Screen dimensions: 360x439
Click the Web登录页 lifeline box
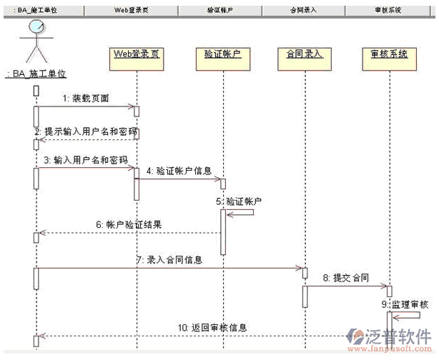click(136, 54)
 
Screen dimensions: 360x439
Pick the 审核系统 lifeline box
click(389, 54)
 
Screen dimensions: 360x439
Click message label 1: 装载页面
click(86, 98)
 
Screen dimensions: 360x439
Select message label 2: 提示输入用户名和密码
click(86, 131)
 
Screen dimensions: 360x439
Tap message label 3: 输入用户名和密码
click(86, 161)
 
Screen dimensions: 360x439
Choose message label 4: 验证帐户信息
click(179, 171)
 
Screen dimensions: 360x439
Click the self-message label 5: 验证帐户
click(244, 201)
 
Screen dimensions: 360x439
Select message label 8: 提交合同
click(345, 277)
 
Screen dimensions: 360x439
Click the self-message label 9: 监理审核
click(410, 304)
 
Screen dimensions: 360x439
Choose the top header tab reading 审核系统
click(387, 10)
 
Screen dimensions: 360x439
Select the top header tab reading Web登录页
click(133, 10)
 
